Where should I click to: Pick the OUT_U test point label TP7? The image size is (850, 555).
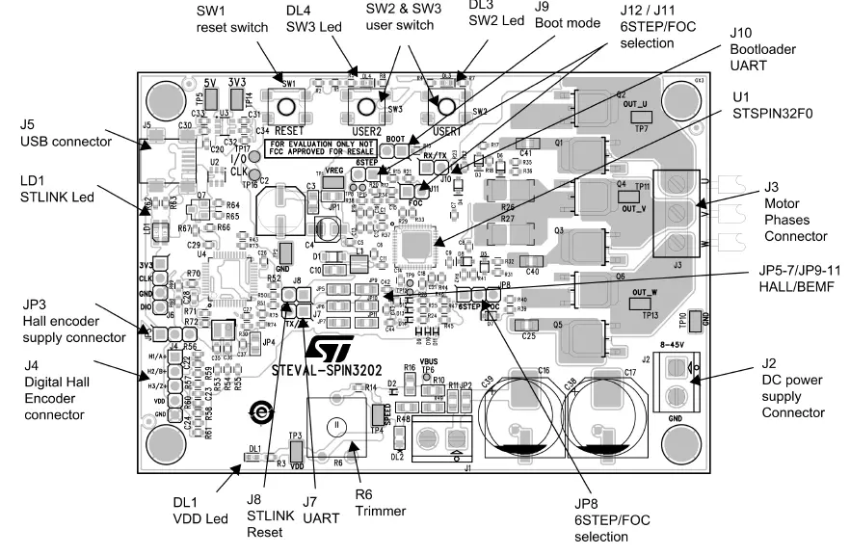coord(637,121)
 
